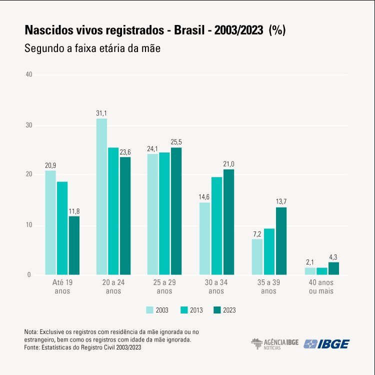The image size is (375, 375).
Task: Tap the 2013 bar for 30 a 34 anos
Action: pos(216,225)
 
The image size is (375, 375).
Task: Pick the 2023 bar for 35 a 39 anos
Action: pos(281,240)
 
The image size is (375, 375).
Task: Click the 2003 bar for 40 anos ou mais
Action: pos(310,271)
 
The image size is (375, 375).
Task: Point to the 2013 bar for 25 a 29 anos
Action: pos(164,213)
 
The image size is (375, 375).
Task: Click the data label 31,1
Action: pos(101,114)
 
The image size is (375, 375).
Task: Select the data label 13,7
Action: pos(281,201)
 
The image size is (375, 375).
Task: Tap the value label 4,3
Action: pos(333,257)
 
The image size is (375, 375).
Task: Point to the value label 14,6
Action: pos(204,197)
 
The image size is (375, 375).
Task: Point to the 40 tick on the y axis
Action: pos(28,74)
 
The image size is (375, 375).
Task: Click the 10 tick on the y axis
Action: pos(28,225)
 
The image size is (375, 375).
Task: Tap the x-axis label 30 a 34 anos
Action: pos(216,287)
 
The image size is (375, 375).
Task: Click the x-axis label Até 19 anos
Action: pos(61,287)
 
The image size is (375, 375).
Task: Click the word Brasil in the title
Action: pos(190,30)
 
